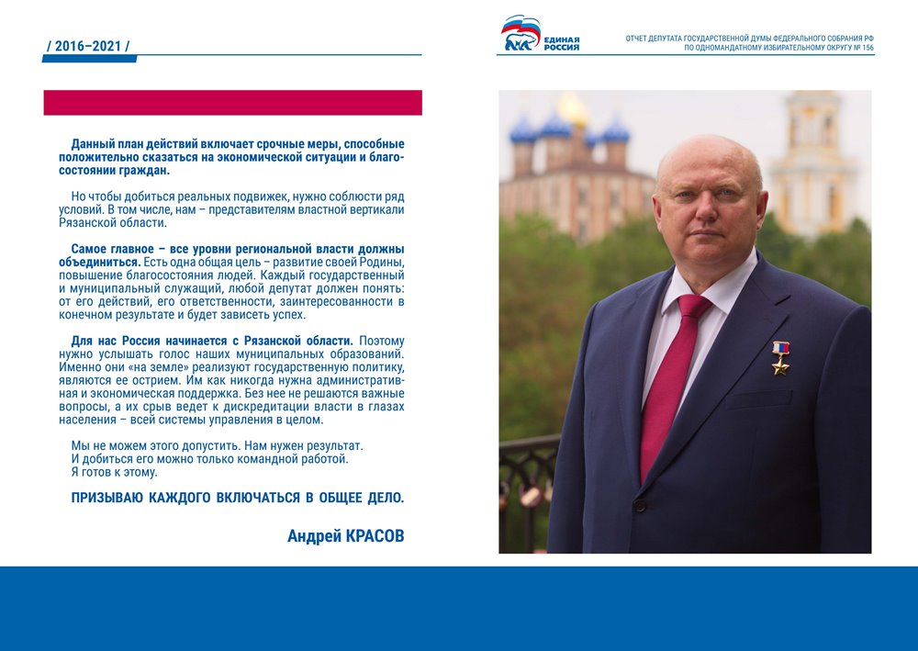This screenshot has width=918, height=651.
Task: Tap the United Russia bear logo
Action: pos(520,35)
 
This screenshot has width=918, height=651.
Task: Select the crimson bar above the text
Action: pos(232,102)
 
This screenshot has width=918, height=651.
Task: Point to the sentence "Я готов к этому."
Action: pos(114,472)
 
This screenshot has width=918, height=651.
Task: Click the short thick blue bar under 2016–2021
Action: pos(89,59)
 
